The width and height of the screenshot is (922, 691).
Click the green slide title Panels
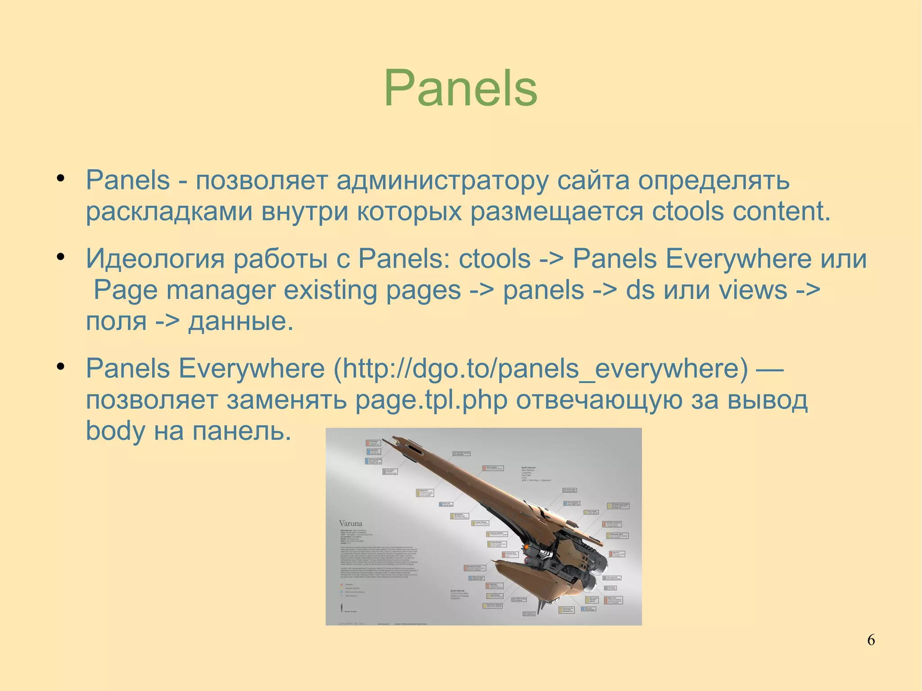pos(461,88)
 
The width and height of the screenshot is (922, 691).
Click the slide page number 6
pos(871,640)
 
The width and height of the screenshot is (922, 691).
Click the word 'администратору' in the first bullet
pos(442,181)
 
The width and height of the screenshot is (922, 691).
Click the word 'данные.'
pos(240,321)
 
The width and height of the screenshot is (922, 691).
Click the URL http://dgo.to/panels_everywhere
pos(540,369)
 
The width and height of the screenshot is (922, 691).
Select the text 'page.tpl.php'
pos(431,400)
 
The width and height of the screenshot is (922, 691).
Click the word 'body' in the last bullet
pos(115,431)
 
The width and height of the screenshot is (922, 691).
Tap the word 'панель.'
pos(242,431)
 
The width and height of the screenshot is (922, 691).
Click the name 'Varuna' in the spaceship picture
pos(350,524)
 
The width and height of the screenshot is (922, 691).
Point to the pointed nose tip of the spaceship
pos(393,437)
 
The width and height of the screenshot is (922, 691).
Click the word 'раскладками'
pos(169,212)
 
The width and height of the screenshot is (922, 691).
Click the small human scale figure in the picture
pos(341,607)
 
